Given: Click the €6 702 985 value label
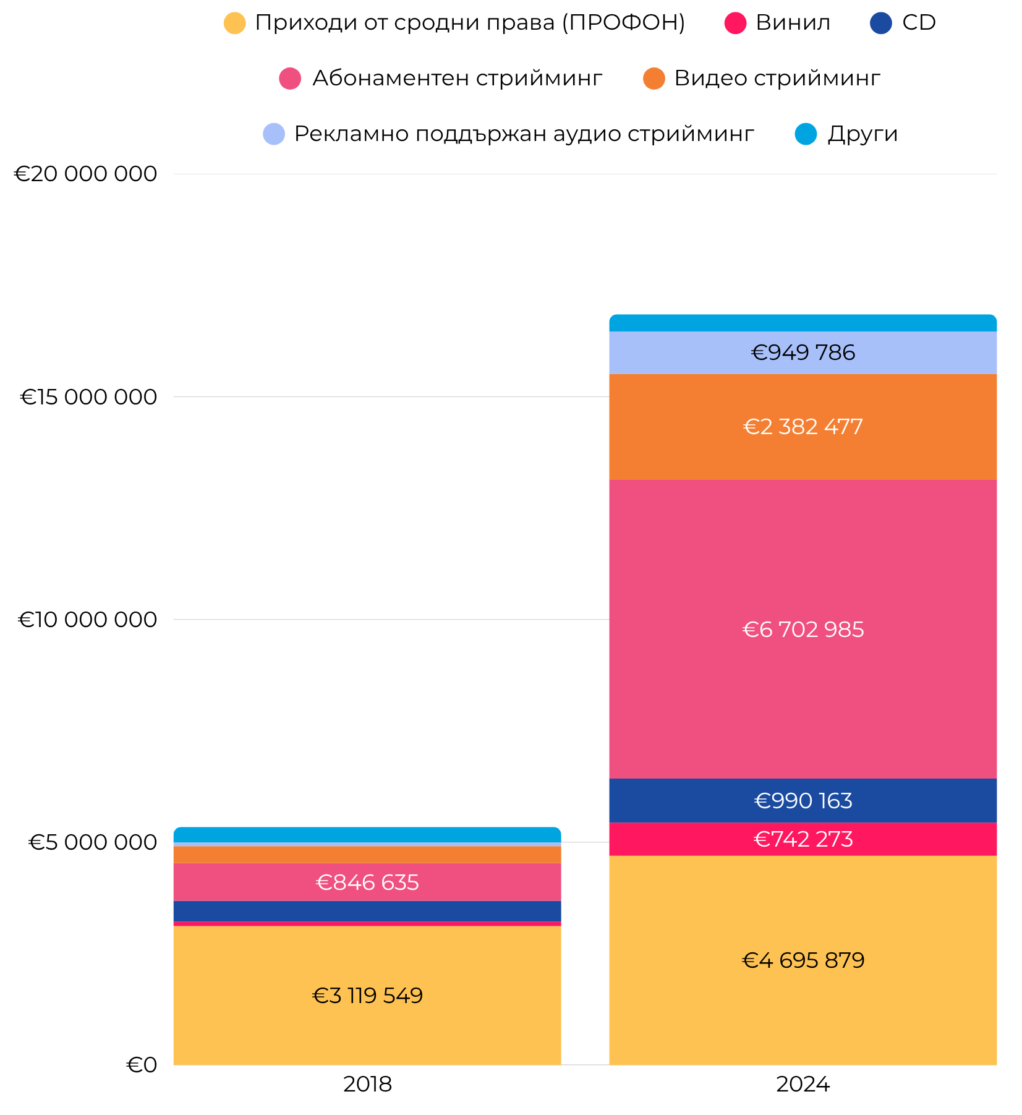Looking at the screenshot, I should pyautogui.click(x=803, y=630).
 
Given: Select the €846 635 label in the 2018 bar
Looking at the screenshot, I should pyautogui.click(x=367, y=882).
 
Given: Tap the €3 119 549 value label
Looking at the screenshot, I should pyautogui.click(x=367, y=996).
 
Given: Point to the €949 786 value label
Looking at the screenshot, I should pyautogui.click(x=803, y=352).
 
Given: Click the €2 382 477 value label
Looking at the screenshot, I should pyautogui.click(x=803, y=427).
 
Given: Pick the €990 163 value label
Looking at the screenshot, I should pyautogui.click(x=803, y=801).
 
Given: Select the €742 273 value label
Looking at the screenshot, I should pyautogui.click(x=803, y=839).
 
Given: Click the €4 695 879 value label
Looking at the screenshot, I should pyautogui.click(x=803, y=960).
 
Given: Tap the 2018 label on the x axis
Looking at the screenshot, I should pyautogui.click(x=367, y=1084).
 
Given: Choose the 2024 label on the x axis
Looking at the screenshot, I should pyautogui.click(x=803, y=1084).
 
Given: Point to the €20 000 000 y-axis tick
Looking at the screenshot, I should pyautogui.click(x=85, y=174).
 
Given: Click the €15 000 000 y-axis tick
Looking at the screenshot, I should pyautogui.click(x=88, y=397).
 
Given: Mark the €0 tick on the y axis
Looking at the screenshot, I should pyautogui.click(x=142, y=1065).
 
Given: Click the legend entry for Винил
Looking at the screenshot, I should pyautogui.click(x=778, y=23).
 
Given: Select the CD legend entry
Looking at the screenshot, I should pyautogui.click(x=903, y=23).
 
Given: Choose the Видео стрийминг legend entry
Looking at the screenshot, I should pyautogui.click(x=762, y=79).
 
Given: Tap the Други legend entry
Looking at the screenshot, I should pyautogui.click(x=846, y=134).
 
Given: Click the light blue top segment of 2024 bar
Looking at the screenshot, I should pyautogui.click(x=803, y=323).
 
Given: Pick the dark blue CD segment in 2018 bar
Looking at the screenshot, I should pyautogui.click(x=367, y=911).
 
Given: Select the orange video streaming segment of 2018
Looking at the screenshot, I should pyautogui.click(x=367, y=855).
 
